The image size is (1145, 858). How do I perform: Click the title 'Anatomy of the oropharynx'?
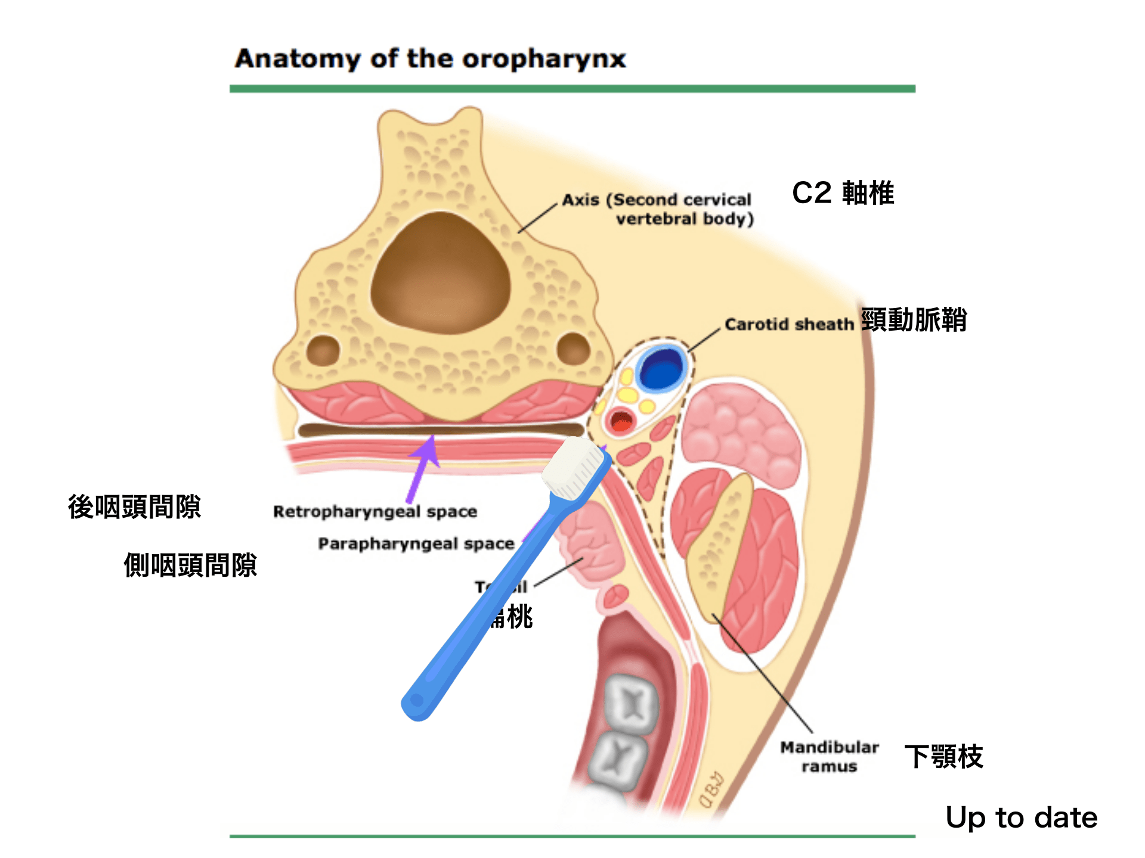pos(430,59)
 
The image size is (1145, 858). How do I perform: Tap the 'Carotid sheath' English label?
pos(789,324)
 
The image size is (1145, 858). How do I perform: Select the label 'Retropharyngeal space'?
pos(375,512)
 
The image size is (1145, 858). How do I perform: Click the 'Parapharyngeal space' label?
pos(416,544)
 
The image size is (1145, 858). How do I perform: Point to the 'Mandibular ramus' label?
pos(829,756)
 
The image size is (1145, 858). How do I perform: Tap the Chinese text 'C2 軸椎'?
pos(843,193)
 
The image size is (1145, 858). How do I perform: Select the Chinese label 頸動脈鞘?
pos(914,320)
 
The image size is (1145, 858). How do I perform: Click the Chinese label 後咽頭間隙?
pos(134,507)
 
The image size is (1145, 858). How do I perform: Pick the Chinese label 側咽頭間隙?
pos(190,565)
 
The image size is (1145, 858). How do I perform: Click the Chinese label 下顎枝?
pos(943,757)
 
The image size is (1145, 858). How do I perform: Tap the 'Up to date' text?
pos(1021,817)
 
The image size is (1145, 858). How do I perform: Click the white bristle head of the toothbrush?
pos(573,468)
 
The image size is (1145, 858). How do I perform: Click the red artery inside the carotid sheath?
pos(621,421)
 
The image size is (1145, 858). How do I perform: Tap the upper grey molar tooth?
pos(631,704)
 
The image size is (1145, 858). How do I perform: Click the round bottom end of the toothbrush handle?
pos(417,702)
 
